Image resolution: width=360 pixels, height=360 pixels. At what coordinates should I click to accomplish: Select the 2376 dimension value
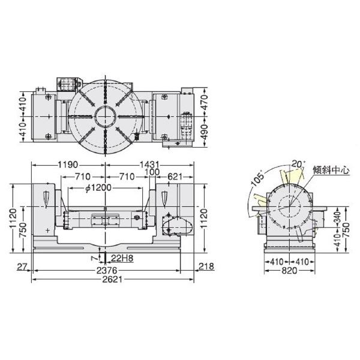click(x=113, y=271)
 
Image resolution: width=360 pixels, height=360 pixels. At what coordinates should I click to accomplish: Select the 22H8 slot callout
click(x=122, y=259)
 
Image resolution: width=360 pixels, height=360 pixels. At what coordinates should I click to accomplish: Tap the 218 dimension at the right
click(x=205, y=266)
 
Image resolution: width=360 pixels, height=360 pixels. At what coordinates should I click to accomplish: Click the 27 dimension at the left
click(x=23, y=266)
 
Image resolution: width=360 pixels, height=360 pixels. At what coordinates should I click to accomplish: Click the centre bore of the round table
click(x=106, y=115)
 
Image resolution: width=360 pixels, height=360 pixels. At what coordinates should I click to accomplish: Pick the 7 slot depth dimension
click(x=94, y=257)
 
